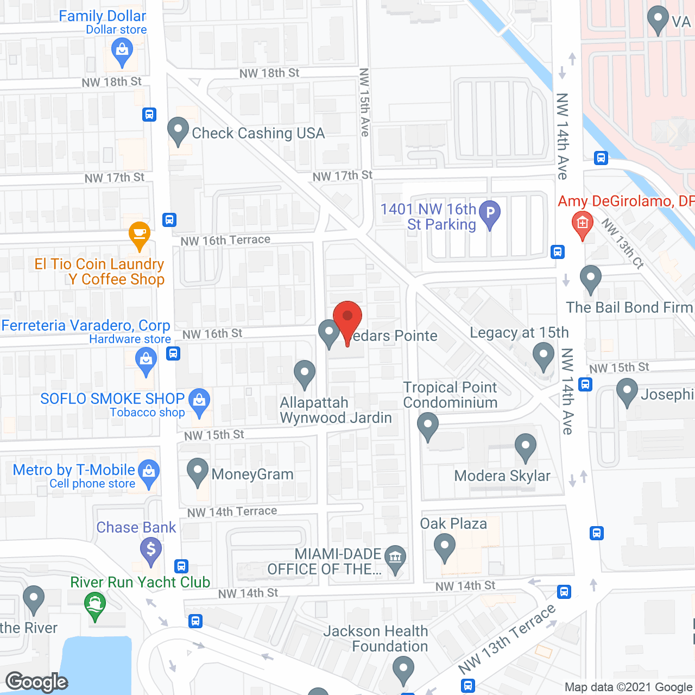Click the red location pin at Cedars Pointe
347,318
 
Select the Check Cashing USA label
258,134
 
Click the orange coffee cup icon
140,235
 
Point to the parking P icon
490,213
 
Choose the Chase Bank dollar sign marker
151,549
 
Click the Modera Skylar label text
502,476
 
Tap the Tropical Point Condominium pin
428,424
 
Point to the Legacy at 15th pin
543,356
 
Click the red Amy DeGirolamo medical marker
582,224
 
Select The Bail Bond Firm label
629,308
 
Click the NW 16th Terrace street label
225,240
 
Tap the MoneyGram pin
198,470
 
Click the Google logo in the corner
37,682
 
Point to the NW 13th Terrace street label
507,639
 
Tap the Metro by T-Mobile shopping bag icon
148,471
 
